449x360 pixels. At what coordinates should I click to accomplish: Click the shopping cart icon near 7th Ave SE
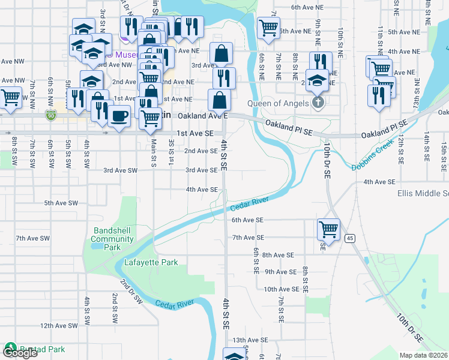pyautogui.click(x=328, y=229)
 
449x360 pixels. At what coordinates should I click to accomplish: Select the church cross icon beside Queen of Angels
pyautogui.click(x=318, y=103)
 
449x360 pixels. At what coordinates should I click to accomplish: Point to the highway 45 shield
pyautogui.click(x=349, y=239)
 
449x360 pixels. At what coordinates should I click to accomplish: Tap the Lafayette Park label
pyautogui.click(x=151, y=262)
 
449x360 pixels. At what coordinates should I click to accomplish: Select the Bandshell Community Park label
pyautogui.click(x=112, y=239)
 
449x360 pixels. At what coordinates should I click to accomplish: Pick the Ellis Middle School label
pyautogui.click(x=423, y=193)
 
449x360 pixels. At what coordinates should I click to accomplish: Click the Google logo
pyautogui.click(x=20, y=353)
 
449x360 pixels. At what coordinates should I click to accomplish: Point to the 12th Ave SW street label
pyautogui.click(x=59, y=326)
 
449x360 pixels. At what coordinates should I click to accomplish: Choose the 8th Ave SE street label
pyautogui.click(x=278, y=255)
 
